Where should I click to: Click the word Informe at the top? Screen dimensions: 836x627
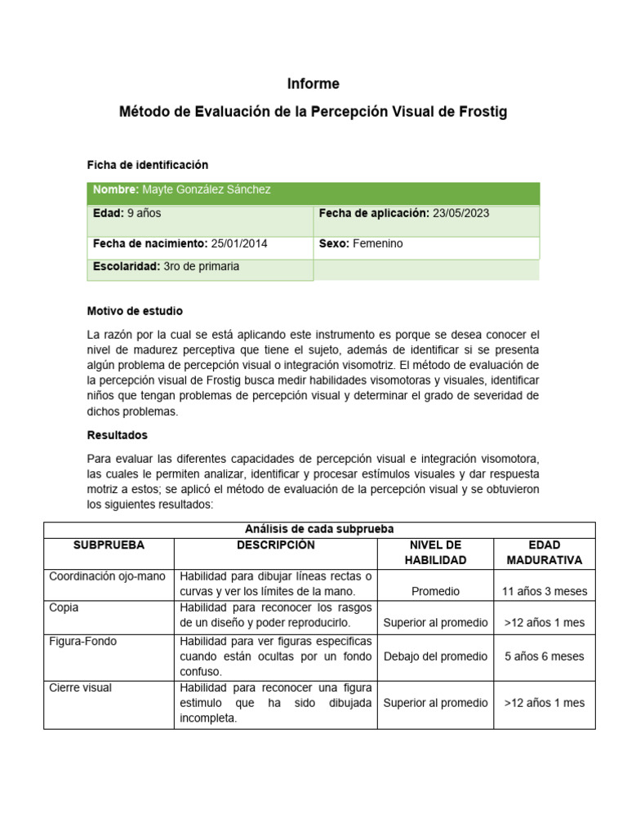(313, 84)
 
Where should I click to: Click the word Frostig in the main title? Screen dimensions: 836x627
(483, 112)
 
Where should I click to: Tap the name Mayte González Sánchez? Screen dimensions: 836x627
(207, 189)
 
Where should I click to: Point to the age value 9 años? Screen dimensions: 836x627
(145, 213)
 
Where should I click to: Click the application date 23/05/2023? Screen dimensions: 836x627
(461, 213)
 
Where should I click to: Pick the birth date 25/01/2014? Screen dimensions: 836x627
(239, 243)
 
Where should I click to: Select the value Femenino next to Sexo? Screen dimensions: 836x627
(378, 243)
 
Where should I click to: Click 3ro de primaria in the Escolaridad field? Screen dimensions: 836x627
(202, 266)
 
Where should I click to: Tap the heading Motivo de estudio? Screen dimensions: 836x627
(135, 311)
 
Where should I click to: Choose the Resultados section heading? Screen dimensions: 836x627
(118, 435)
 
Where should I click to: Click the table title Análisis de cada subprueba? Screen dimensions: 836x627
(319, 529)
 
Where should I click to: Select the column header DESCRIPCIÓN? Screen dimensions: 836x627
(275, 545)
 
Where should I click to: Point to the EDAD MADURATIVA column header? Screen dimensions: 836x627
(544, 552)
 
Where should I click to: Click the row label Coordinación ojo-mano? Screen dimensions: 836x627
(107, 576)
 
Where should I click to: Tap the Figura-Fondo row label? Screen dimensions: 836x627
(82, 642)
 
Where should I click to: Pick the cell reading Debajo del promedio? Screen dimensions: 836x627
(435, 656)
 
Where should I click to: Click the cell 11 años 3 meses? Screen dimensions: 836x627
(545, 591)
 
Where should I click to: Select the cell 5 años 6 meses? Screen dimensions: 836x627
(545, 656)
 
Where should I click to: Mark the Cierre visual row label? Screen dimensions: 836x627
(80, 687)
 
